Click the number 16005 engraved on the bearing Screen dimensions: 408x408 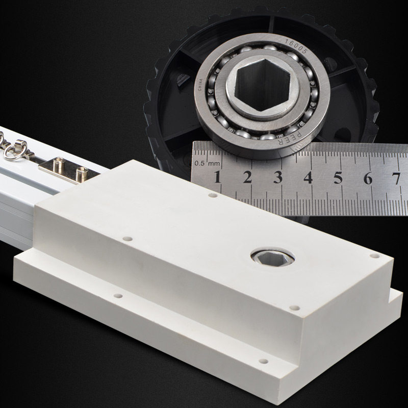coord(296,46)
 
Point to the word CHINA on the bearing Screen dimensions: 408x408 coord(200,85)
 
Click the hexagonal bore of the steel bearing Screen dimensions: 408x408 coord(262,84)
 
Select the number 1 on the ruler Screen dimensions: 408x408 coord(217,177)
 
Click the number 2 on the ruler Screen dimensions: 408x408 coord(247,177)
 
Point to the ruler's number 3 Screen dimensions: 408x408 coord(277,177)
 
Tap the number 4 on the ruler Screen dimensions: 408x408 coord(308,177)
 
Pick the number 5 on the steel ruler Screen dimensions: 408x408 coord(338,177)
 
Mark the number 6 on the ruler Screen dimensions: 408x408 coord(368,178)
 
